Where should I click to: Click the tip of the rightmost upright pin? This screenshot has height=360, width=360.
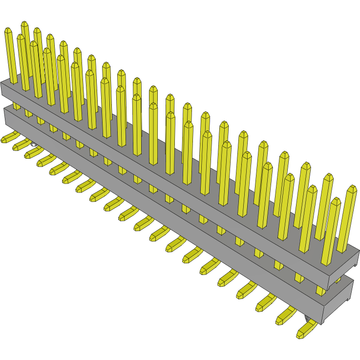point(352,188)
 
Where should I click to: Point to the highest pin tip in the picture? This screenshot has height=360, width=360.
point(24,24)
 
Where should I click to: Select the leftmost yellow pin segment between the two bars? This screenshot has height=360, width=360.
point(17,106)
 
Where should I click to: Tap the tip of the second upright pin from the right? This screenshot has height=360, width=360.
point(335,200)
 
